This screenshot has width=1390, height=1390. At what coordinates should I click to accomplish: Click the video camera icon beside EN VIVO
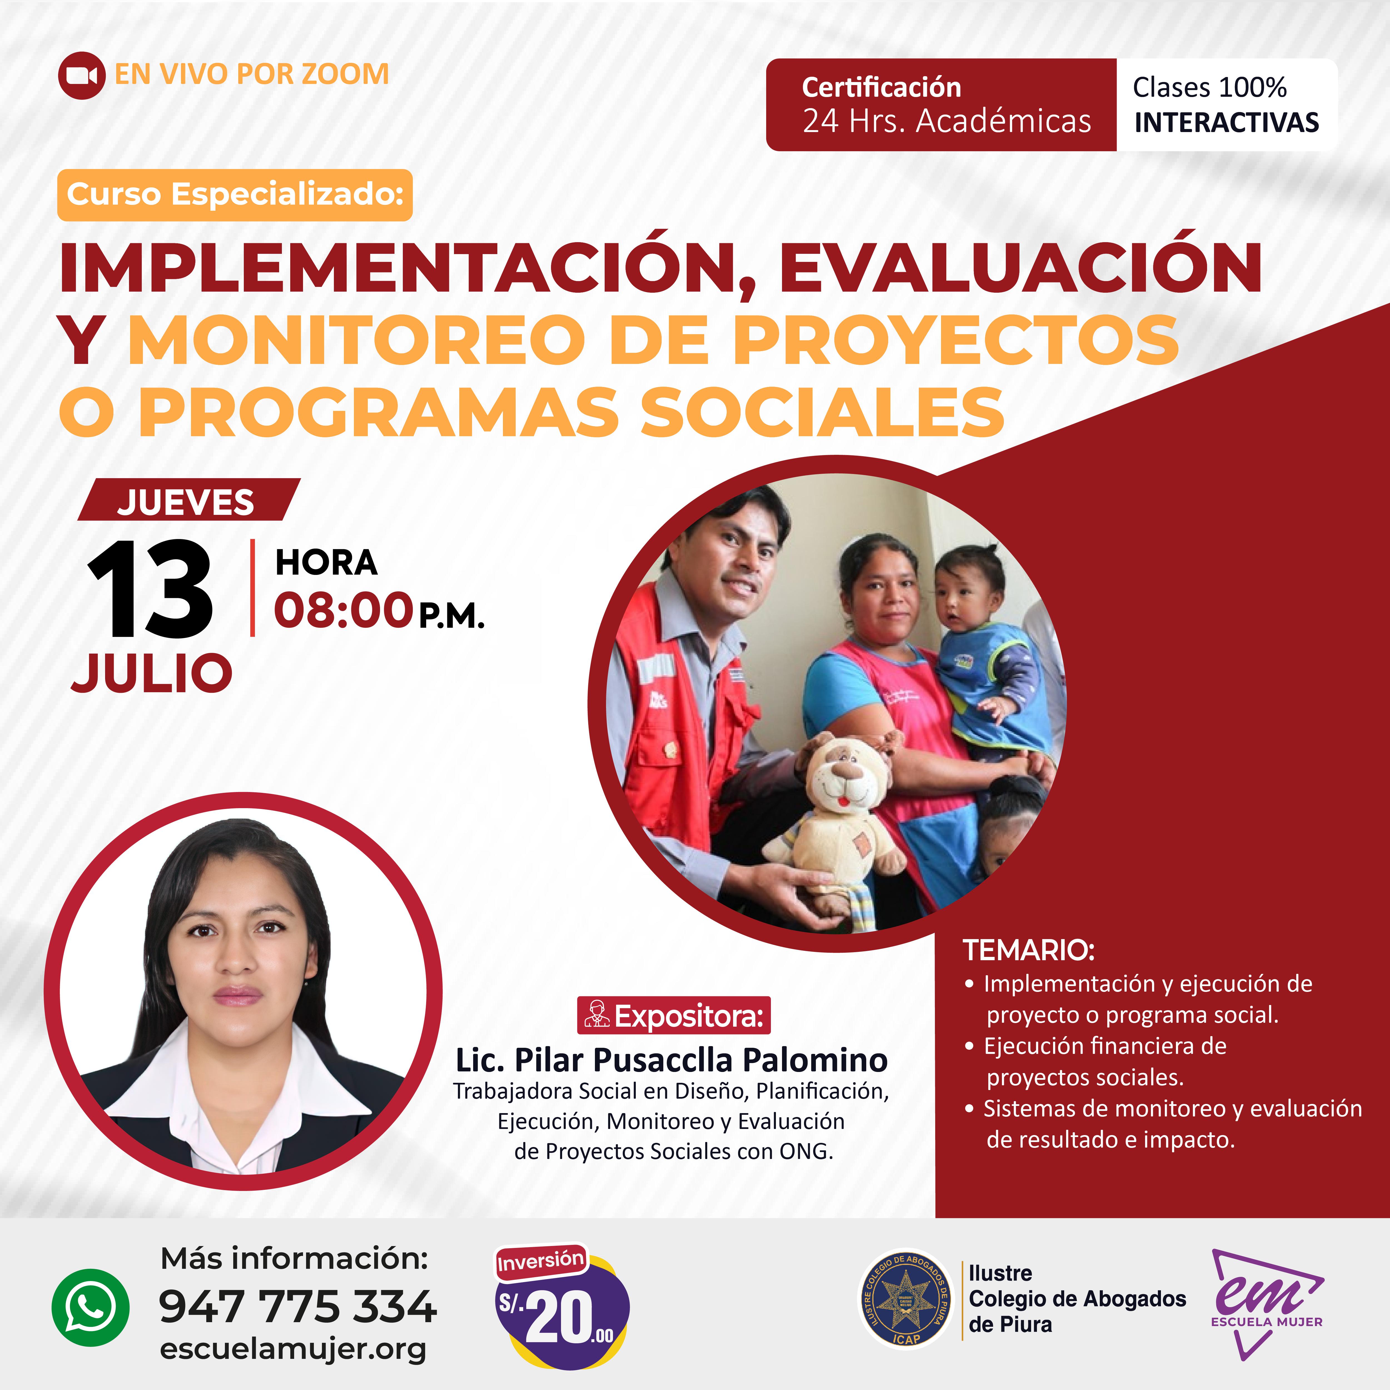(81, 75)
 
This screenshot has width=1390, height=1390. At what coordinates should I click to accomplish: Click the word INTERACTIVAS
(1227, 122)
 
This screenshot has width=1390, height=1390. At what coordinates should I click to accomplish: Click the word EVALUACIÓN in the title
(1020, 268)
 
